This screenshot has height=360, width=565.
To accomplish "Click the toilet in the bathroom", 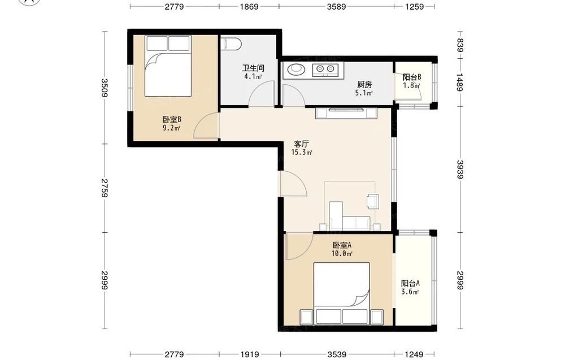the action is coord(231,43).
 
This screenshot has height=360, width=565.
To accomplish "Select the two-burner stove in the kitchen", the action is coord(325,69).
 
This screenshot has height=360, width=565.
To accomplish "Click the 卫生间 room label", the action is coord(253,68).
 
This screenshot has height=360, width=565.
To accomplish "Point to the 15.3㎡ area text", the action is coord(302,152).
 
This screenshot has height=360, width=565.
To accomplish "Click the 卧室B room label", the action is coord(172,119).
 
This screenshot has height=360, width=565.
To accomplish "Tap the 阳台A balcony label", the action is coord(410,283).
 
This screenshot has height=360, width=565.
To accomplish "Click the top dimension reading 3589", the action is coord(336,6).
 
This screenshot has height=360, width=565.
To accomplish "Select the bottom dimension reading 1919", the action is coord(249,354).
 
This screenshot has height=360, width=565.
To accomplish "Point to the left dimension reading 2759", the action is coord(105,188).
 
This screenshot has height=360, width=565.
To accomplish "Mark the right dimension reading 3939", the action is coord(460,170).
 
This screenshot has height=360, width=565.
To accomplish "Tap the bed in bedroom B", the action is coord(168,66).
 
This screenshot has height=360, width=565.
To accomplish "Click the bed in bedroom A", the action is coord(342,293).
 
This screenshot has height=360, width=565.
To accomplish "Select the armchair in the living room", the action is coord(373,201).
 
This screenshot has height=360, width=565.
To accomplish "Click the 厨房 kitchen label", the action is coord(364,85).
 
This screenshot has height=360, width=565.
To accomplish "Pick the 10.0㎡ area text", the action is coord(342,253).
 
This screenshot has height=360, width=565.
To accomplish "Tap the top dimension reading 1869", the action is coord(249,6).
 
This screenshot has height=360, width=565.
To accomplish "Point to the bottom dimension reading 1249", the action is coord(414,354).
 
